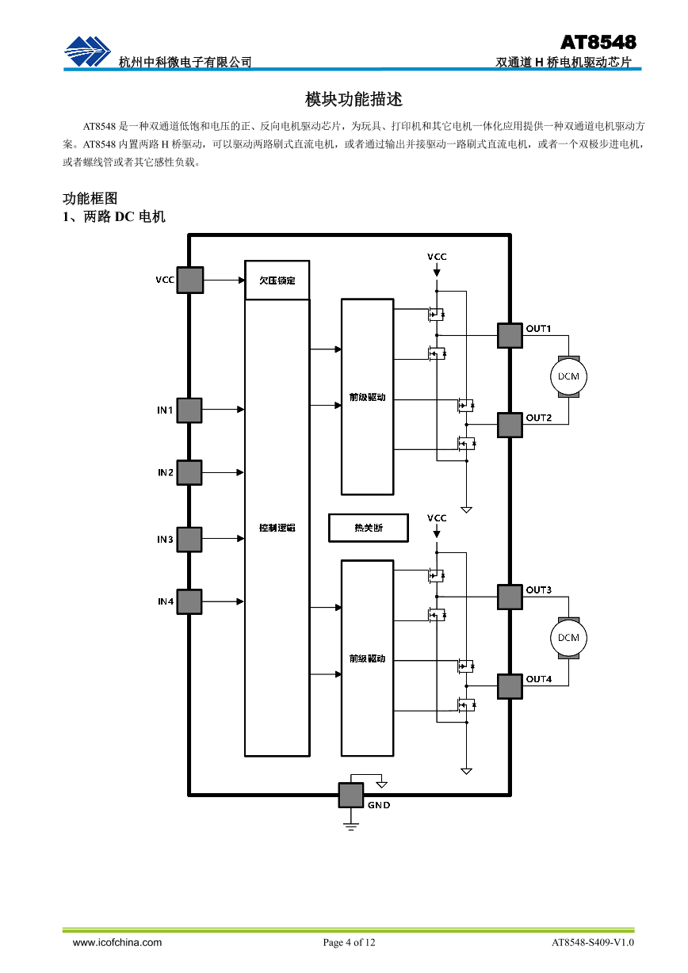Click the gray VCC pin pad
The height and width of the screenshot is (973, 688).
coord(189,280)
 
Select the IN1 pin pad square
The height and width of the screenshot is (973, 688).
coord(189,410)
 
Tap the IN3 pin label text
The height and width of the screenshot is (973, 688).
coord(165,540)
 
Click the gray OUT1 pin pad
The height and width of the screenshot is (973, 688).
coord(510,335)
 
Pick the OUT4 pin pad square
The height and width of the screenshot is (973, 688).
coord(510,686)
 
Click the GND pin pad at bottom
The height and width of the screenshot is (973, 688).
coord(351,795)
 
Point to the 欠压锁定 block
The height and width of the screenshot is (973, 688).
coord(277,280)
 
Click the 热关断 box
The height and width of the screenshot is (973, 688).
coord(368,528)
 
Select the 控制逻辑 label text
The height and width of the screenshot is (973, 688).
coord(277,528)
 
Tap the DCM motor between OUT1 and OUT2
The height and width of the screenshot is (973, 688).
coord(568,376)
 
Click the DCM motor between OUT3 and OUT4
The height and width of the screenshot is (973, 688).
coord(568,638)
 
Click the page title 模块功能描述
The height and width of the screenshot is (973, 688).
coord(354,100)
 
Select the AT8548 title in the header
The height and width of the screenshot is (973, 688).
coord(598,42)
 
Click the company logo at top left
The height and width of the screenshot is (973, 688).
coord(88,52)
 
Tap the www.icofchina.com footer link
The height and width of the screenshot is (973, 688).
coord(117,942)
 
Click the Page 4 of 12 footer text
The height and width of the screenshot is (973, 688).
coord(349,942)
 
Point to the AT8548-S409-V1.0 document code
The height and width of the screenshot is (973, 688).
coord(593,942)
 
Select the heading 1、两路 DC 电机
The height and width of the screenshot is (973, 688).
coord(114,216)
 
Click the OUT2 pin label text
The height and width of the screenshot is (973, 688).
coord(539,418)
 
